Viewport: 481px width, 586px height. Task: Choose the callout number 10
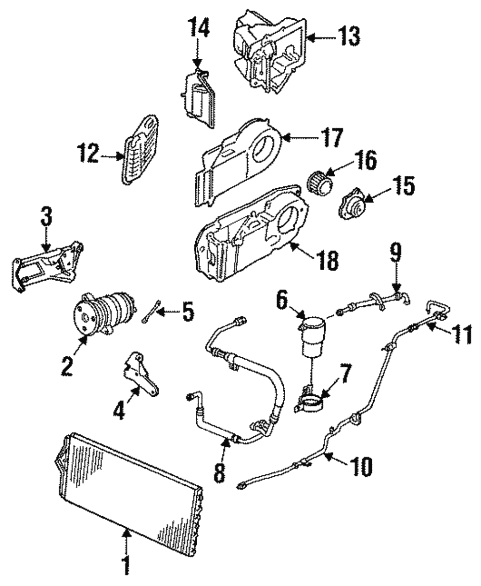pos(361,466)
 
